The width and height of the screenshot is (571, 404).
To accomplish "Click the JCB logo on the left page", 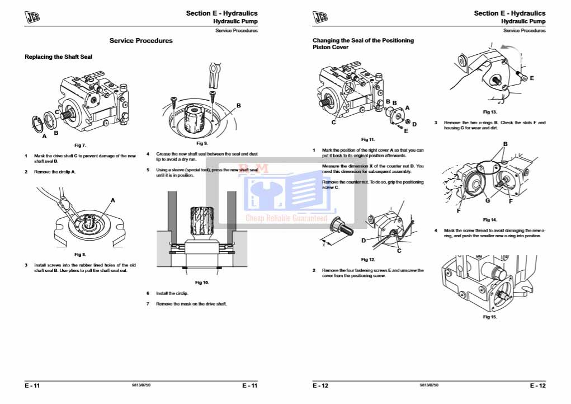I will (33, 18).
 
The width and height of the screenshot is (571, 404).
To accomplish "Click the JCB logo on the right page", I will (320, 18).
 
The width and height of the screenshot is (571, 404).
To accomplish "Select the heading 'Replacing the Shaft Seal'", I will (59, 57).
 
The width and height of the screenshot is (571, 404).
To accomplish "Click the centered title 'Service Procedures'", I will (141, 41).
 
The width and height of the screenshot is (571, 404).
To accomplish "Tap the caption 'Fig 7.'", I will (81, 145).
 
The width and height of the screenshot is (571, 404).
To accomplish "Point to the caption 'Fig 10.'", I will (202, 283).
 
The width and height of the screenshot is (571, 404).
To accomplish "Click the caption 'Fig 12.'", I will (368, 260).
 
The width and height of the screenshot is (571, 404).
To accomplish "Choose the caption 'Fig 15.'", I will (490, 317).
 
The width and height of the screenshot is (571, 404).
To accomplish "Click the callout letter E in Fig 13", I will (531, 78).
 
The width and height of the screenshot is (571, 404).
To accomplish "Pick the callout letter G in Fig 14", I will (488, 200).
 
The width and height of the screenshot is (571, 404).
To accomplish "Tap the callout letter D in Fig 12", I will (364, 241).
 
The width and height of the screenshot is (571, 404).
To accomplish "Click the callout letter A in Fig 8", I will (112, 200).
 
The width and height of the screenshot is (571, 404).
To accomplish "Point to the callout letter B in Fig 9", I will (238, 105).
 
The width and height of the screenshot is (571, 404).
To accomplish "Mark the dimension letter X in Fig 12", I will (323, 244).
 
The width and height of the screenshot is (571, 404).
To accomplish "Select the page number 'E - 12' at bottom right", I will (537, 386).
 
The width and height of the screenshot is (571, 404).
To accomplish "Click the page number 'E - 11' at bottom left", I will (32, 386).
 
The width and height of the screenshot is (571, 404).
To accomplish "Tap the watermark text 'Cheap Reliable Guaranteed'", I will (286, 219).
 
